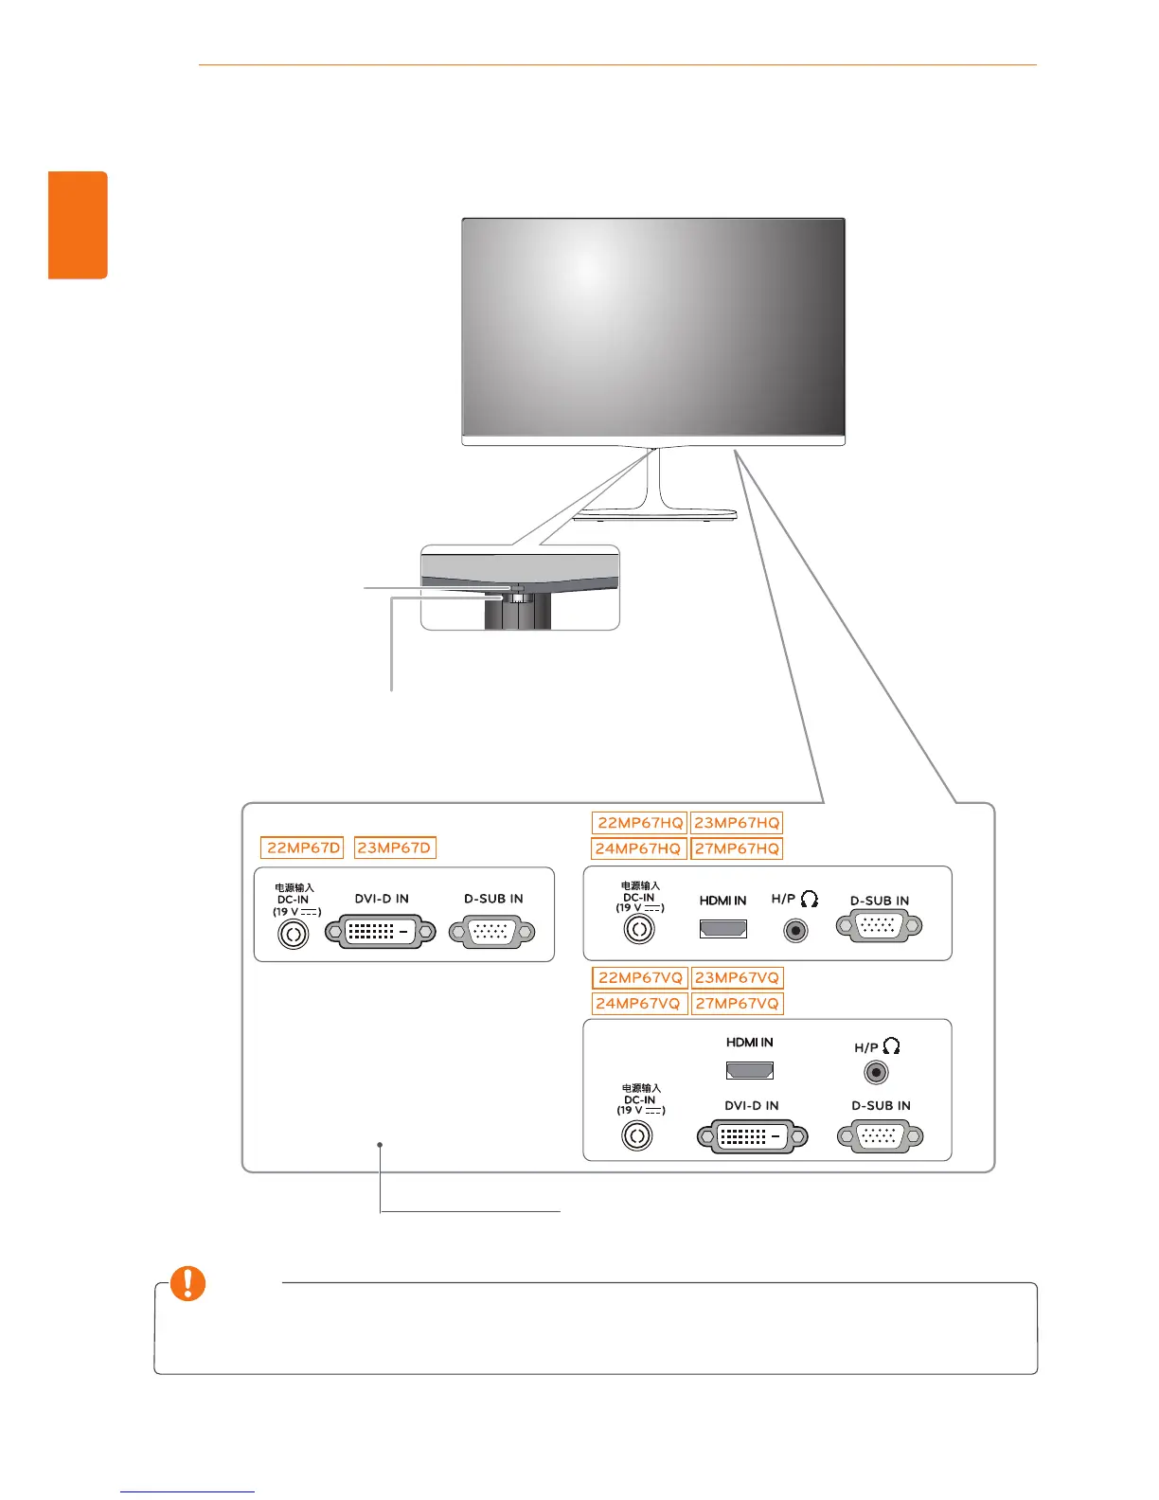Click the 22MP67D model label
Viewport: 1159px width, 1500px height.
click(x=303, y=848)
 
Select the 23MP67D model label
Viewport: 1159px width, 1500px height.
click(x=394, y=848)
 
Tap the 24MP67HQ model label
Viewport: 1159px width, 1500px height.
click(x=638, y=848)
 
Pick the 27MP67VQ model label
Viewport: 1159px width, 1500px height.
click(x=737, y=1003)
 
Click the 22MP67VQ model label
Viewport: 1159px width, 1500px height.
click(x=640, y=977)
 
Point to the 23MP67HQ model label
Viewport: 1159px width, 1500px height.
click(x=737, y=823)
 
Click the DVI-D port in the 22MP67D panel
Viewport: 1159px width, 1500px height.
click(x=382, y=932)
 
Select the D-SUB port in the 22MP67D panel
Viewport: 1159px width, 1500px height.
click(x=492, y=932)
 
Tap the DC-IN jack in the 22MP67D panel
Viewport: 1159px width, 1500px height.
click(x=294, y=936)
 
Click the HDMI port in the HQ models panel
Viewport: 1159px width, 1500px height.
click(x=723, y=928)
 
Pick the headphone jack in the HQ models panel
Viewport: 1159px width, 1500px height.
click(x=796, y=931)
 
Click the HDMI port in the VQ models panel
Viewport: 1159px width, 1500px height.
click(x=750, y=1070)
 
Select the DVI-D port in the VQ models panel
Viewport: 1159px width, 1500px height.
click(x=753, y=1135)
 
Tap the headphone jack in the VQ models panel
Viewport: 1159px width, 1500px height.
click(x=877, y=1073)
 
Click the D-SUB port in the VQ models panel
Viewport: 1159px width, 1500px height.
click(x=881, y=1135)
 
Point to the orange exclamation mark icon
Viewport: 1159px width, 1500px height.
click(x=187, y=1284)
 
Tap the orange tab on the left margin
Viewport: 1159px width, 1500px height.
click(x=79, y=225)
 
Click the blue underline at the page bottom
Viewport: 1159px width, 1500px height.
click(x=187, y=1491)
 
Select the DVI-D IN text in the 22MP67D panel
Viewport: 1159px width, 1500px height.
click(x=382, y=899)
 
